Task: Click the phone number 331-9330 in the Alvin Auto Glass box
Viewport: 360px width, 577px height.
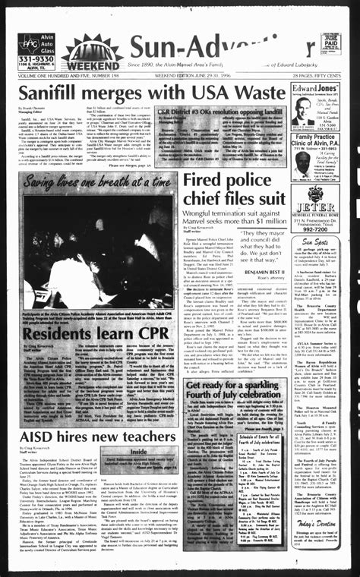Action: (x=36, y=58)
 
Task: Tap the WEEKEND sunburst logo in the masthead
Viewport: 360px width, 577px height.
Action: (x=92, y=55)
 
